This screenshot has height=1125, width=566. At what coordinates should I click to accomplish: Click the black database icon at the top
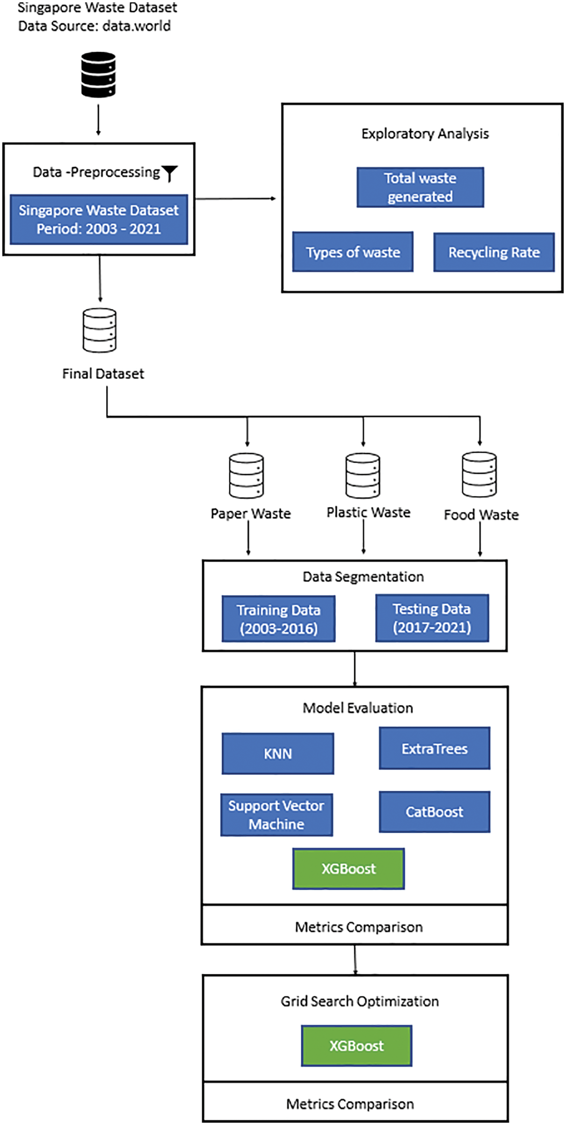click(99, 75)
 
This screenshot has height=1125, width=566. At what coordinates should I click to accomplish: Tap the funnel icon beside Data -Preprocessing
click(170, 173)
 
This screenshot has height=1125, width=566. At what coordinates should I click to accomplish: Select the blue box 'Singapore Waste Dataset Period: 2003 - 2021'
click(99, 219)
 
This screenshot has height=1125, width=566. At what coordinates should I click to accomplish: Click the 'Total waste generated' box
click(420, 187)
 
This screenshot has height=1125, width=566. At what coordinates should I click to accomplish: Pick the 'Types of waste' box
click(353, 252)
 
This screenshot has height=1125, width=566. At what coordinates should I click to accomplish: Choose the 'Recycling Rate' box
click(494, 252)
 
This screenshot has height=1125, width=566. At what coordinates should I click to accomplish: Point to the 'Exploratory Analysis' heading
click(425, 134)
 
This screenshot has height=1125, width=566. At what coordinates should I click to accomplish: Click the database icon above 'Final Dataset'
click(99, 330)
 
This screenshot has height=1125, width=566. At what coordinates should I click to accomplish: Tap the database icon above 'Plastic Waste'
click(363, 476)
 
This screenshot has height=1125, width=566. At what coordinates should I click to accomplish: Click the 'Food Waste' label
click(481, 515)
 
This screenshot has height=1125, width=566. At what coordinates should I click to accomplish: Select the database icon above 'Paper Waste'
click(247, 476)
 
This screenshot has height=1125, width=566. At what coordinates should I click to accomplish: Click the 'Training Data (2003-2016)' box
click(279, 619)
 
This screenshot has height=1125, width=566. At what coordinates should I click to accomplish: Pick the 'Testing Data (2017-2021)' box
click(432, 618)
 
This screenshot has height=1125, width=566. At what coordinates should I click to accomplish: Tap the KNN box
click(278, 753)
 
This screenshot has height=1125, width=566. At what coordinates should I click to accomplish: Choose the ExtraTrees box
click(434, 748)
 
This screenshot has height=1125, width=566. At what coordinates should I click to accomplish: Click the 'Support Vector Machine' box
click(276, 815)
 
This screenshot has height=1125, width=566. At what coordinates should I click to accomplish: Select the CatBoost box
click(434, 812)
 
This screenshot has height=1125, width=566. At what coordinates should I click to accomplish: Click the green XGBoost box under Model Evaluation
click(348, 869)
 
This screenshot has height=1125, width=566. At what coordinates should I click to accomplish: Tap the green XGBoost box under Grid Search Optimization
click(356, 1046)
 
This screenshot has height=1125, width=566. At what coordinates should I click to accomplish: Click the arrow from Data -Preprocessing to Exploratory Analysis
click(236, 199)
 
